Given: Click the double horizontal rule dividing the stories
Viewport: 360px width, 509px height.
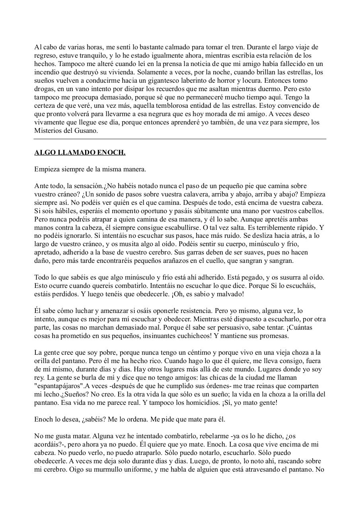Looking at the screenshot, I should (180, 139).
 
